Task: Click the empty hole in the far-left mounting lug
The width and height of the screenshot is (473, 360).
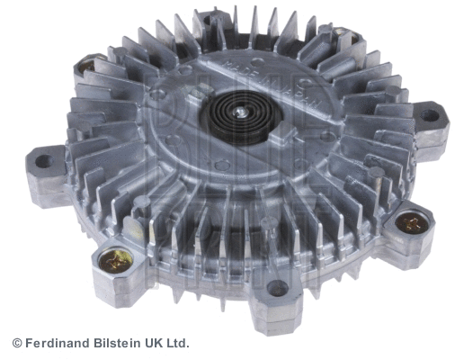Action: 42,162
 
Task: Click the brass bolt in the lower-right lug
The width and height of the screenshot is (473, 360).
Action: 413,221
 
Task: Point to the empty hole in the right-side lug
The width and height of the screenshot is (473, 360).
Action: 429,115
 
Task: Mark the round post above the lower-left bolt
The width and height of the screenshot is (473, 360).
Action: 135,232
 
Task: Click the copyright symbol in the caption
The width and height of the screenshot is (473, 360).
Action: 17,343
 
